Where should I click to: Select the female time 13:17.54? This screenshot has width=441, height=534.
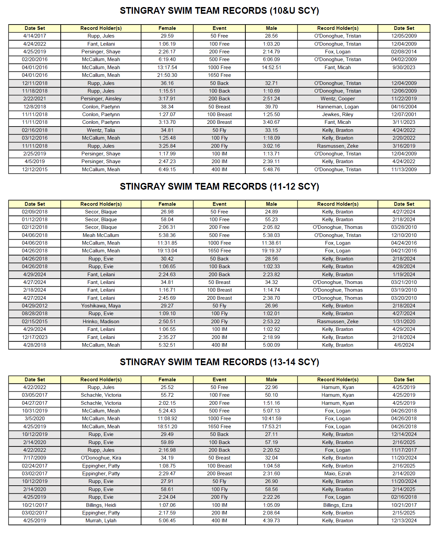point(167,67)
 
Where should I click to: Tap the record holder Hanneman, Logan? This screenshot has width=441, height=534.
point(338,107)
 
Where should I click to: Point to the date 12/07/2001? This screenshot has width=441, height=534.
point(404,114)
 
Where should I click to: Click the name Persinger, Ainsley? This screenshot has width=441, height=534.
point(101,99)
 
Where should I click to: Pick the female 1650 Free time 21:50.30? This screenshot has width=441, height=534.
point(167,75)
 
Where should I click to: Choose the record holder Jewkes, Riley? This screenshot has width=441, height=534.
point(338,114)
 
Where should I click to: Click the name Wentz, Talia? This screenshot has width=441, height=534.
point(101,130)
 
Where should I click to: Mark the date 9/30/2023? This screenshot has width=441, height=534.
point(404,67)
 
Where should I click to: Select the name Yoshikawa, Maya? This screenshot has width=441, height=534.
point(101,306)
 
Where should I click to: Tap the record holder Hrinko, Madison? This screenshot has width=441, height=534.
point(101,322)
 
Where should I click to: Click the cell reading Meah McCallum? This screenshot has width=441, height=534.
point(101,235)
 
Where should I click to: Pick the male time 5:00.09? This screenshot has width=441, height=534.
point(272,345)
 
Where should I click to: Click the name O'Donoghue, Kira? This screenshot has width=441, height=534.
point(101,458)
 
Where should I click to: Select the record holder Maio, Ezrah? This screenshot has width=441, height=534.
point(338,474)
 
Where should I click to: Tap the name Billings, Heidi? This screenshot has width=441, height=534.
point(101,505)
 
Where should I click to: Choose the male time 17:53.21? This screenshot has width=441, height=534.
point(272,427)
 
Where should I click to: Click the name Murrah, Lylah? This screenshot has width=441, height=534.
point(101,521)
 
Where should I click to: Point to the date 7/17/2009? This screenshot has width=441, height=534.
point(35,458)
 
